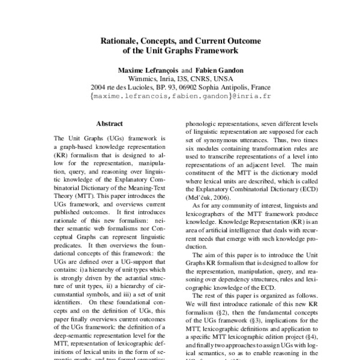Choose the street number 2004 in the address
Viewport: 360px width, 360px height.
(x=99, y=86)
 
